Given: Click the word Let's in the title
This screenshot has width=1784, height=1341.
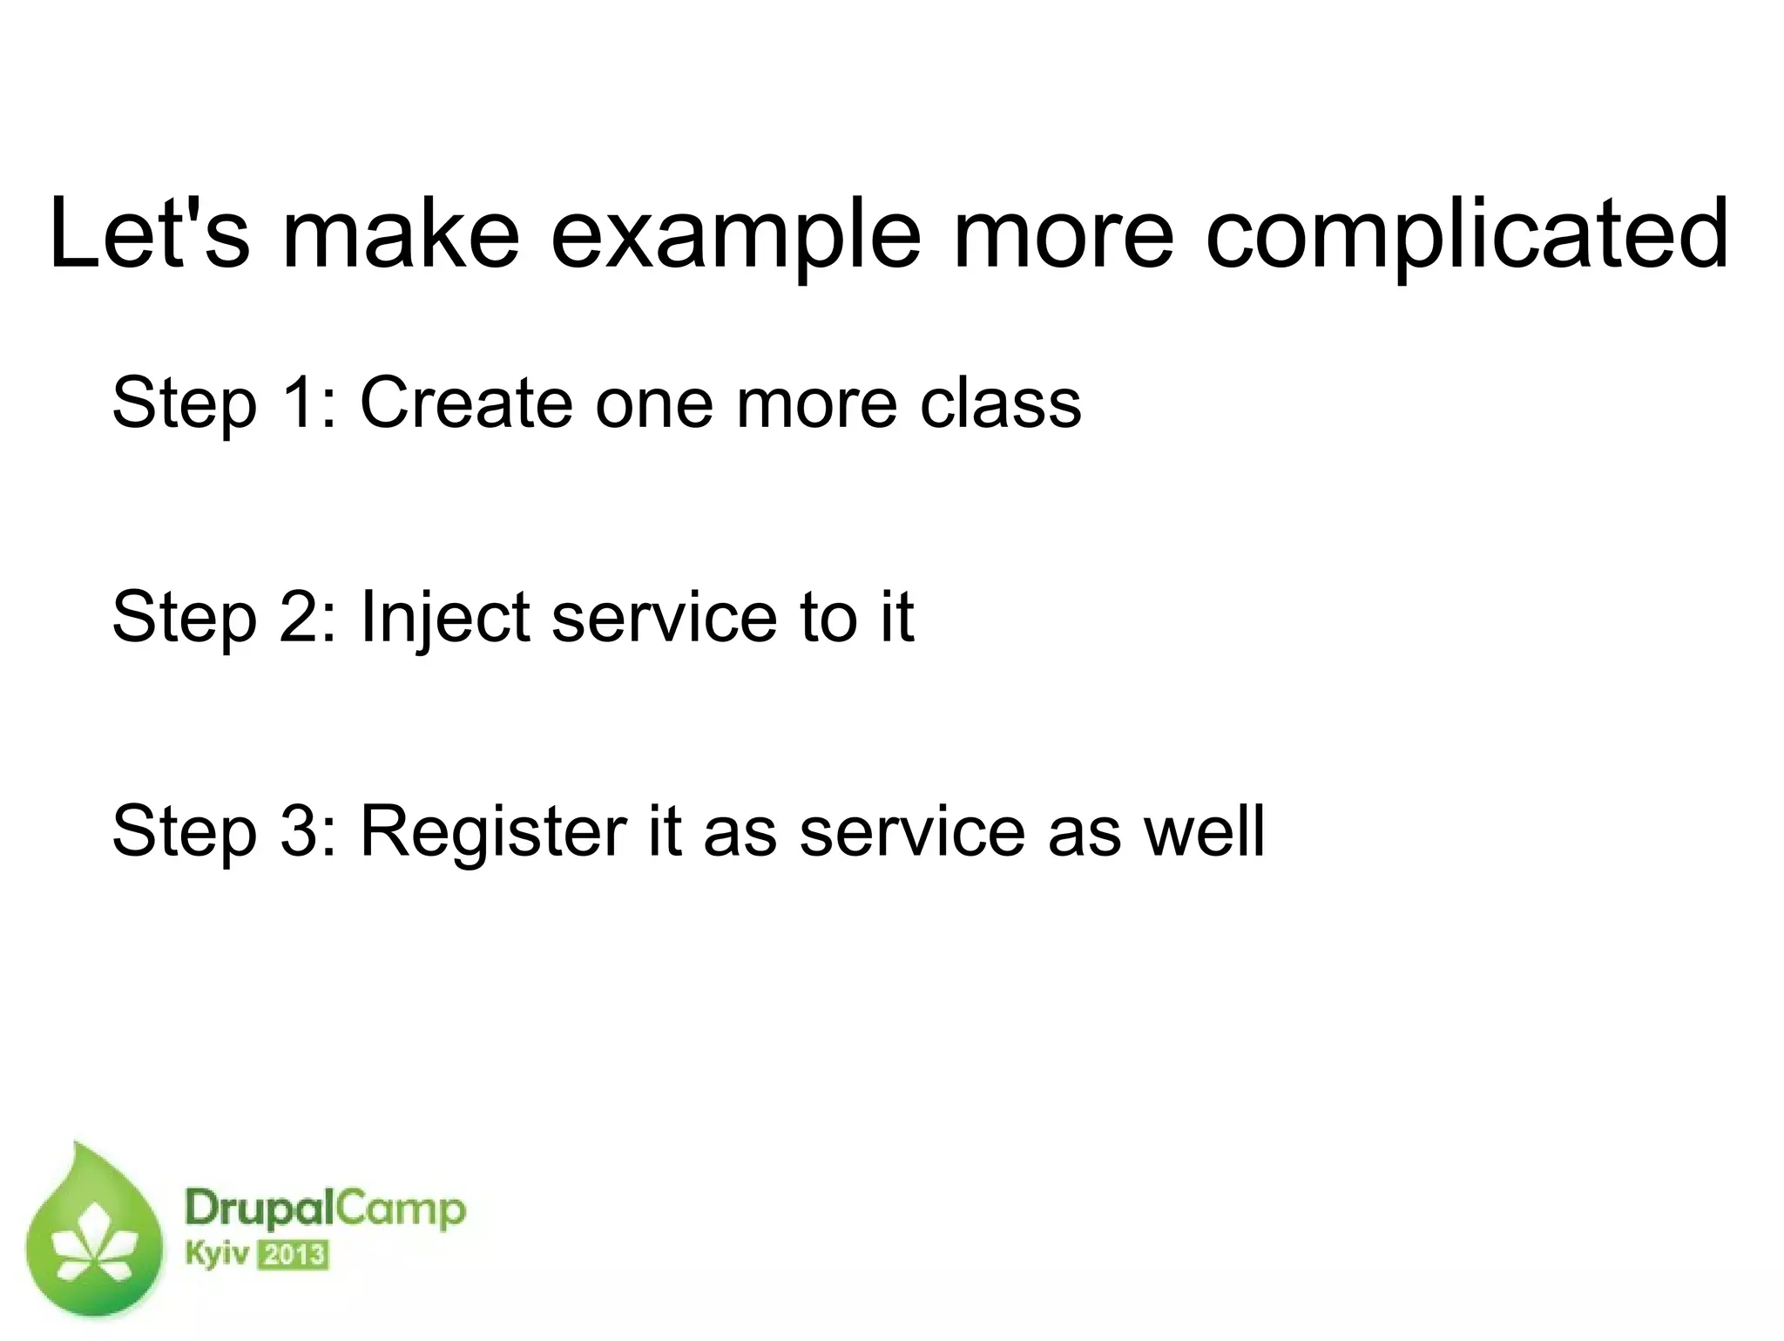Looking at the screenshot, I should coord(149,234).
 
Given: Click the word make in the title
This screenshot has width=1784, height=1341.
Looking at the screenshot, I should coord(402,234).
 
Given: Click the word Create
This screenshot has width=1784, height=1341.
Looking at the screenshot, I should coord(466,402).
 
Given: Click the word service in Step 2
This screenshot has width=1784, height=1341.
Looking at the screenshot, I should coord(663,616).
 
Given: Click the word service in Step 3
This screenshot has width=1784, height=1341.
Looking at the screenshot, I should coord(912,830).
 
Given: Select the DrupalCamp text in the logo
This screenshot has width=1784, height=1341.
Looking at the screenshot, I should coord(325,1210).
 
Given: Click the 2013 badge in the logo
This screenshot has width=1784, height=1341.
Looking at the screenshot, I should coord(294,1256).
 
